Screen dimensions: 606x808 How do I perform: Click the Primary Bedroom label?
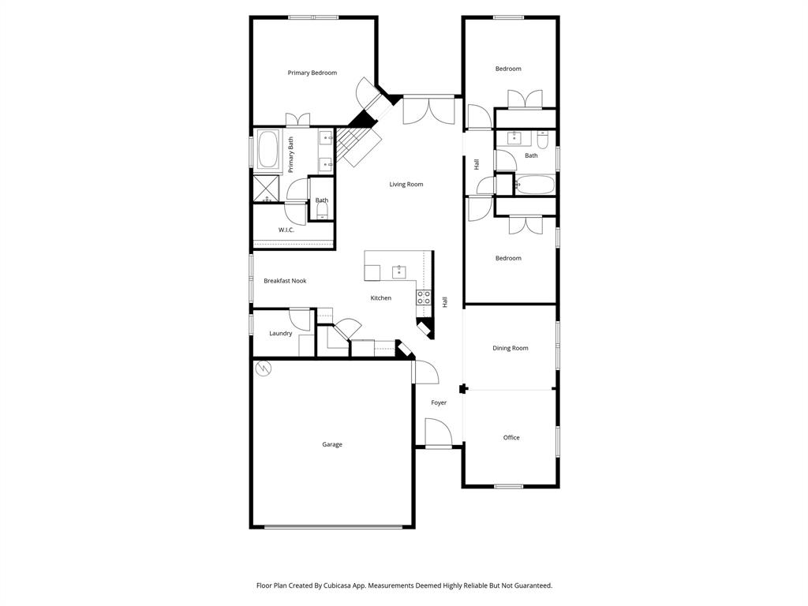coord(312,73)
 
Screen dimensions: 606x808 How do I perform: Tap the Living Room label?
coord(406,185)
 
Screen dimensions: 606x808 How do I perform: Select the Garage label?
coord(331,444)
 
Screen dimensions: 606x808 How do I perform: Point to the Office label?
coord(511,437)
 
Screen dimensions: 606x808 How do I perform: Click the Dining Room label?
coord(510,348)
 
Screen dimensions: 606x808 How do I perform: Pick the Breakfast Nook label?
coord(285,281)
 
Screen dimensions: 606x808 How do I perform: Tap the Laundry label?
coord(280,333)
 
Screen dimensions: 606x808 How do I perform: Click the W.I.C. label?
coord(286,230)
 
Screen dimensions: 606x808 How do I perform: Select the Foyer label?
coord(439,402)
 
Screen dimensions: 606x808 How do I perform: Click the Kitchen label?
coord(381,297)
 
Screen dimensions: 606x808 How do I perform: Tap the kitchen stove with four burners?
coord(424,297)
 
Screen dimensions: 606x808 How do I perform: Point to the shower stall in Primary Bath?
coord(266,189)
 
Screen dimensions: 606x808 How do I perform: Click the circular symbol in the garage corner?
coord(264,367)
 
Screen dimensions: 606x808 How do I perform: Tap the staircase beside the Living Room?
coord(359,145)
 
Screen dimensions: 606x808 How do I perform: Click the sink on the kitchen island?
coord(398,272)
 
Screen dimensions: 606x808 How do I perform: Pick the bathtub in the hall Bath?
coord(536,186)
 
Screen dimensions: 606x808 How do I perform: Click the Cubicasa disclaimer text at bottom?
coord(404,585)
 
